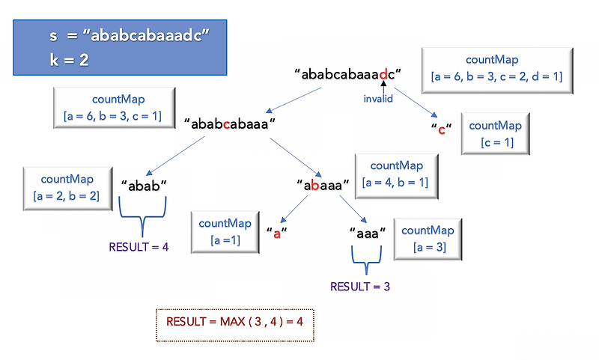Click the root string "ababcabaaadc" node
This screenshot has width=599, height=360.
(349, 74)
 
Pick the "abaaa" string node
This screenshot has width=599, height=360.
(323, 184)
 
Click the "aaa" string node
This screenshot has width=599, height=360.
(368, 233)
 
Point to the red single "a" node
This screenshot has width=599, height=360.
(276, 233)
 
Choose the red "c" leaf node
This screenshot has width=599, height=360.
(442, 129)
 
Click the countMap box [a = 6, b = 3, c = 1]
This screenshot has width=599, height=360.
(113, 109)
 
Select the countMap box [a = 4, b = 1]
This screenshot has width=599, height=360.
(396, 174)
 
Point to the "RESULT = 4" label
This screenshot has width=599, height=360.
(139, 247)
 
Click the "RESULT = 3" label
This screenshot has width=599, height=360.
(360, 286)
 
